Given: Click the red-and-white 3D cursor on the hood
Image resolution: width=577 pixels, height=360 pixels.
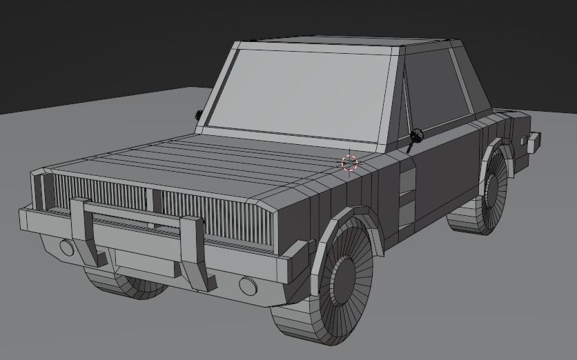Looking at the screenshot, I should pyautogui.click(x=350, y=163).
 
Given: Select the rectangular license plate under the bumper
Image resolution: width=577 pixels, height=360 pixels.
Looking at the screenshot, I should pyautogui.click(x=144, y=263).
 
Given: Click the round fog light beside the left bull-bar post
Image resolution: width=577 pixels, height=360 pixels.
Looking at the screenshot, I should pyautogui.click(x=66, y=246).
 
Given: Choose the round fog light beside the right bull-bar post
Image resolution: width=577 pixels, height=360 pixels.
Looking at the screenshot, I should pyautogui.click(x=248, y=284).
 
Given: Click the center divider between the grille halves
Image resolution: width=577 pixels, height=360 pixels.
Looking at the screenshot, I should pyautogui.click(x=153, y=200).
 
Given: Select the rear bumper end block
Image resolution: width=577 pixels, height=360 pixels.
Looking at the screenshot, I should pyautogui.click(x=533, y=141).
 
